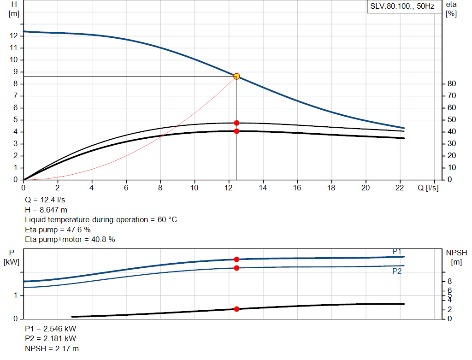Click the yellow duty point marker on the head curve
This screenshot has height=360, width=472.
pyautogui.click(x=236, y=76)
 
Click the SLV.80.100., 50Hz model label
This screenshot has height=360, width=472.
pyautogui.click(x=402, y=7)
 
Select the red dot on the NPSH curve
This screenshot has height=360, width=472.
pyautogui.click(x=236, y=309)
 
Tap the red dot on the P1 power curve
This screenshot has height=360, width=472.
pyautogui.click(x=236, y=259)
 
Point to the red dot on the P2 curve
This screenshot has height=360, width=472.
pyautogui.click(x=236, y=268)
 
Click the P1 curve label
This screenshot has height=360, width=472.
pyautogui.click(x=397, y=251)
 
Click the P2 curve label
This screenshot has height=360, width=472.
pyautogui.click(x=397, y=271)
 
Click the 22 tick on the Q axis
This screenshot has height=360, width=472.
pyautogui.click(x=400, y=188)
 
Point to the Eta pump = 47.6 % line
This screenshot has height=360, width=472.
pyautogui.click(x=58, y=230)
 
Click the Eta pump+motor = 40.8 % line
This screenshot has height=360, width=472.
pyautogui.click(x=70, y=239)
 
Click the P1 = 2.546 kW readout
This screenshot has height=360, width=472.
pyautogui.click(x=50, y=329)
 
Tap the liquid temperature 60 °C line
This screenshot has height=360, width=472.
pyautogui.click(x=100, y=219)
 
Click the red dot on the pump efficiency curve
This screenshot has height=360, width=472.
pyautogui.click(x=236, y=123)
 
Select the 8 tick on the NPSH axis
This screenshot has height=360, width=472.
pyautogui.click(x=449, y=281)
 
